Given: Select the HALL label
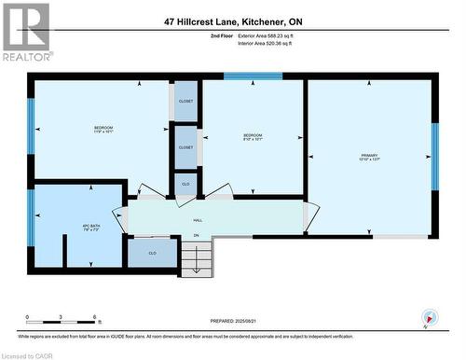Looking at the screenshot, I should [x=198, y=220].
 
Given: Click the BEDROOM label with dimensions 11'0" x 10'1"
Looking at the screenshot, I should [x=103, y=130].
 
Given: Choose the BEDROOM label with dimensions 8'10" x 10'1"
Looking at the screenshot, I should [x=254, y=138].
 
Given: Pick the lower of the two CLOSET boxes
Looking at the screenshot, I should [x=185, y=147].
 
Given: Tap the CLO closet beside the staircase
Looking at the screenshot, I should [x=152, y=253].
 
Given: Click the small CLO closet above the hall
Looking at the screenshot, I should [x=185, y=185].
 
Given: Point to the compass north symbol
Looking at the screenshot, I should [x=429, y=315].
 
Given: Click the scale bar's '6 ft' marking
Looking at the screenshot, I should [x=96, y=318].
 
